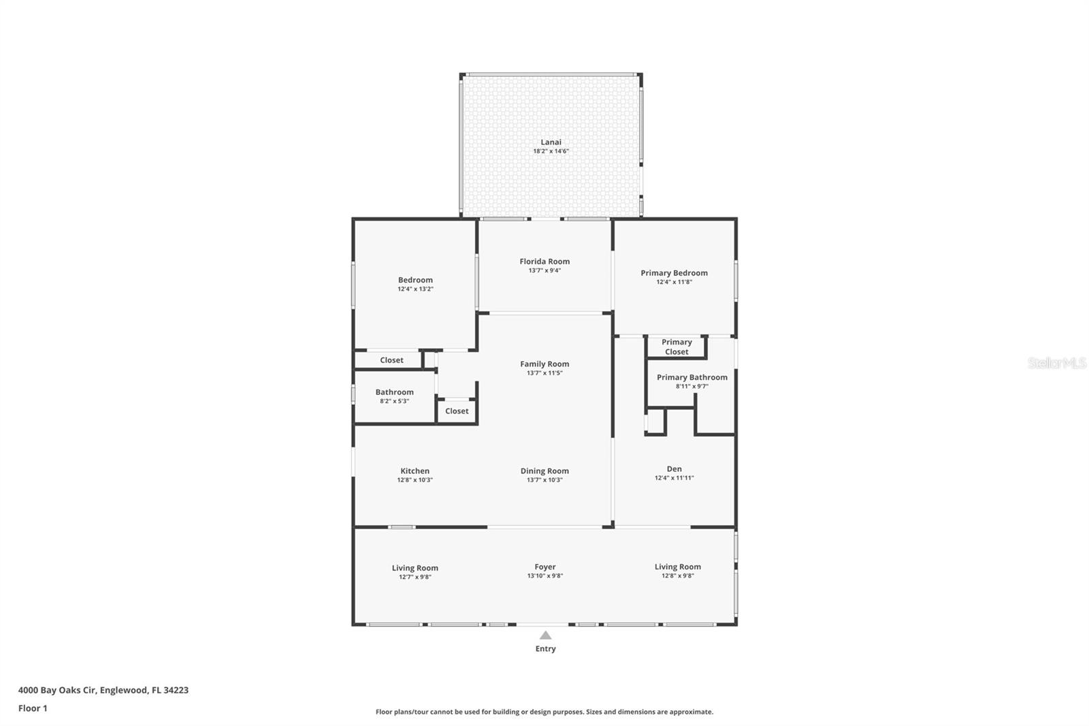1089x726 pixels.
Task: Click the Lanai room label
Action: tap(551, 142)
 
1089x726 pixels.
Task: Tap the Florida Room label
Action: tap(544, 262)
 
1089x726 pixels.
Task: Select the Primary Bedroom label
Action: tap(674, 273)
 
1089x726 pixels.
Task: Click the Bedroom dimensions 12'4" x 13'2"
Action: tap(415, 289)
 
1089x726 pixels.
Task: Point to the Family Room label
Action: tap(544, 364)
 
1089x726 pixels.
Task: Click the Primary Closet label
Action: tap(677, 347)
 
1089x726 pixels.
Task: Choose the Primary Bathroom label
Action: tap(692, 377)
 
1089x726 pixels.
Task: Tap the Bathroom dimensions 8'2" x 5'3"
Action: tap(394, 401)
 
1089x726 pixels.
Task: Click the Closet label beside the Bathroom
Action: tap(457, 411)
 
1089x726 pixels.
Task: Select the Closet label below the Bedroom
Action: tap(391, 360)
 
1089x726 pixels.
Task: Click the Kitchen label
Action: tap(415, 471)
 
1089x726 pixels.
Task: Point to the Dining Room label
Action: tap(544, 471)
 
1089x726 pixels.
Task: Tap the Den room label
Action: tap(674, 469)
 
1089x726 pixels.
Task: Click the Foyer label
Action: tap(544, 567)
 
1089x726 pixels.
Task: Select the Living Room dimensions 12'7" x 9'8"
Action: tap(415, 577)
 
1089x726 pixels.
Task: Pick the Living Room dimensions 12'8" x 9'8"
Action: tap(677, 575)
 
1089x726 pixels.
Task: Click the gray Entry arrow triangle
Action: tap(545, 635)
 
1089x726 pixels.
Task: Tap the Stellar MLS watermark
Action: tap(1056, 364)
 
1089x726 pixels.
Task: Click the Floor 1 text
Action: tap(33, 708)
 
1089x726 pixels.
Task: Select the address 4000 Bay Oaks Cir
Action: tap(58, 690)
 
